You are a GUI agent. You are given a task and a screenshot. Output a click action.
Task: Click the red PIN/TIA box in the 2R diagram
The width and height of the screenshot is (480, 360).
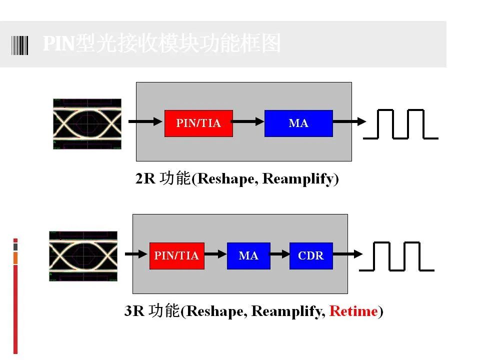click(x=198, y=123)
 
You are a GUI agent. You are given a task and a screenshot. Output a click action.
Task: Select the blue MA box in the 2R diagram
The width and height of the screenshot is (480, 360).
click(x=298, y=123)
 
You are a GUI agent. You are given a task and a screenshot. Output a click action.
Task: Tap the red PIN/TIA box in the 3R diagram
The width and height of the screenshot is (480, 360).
click(x=177, y=256)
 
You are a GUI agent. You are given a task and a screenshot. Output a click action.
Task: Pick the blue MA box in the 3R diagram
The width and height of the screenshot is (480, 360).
click(x=248, y=256)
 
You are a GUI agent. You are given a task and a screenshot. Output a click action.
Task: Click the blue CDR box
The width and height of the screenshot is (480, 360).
click(x=311, y=256)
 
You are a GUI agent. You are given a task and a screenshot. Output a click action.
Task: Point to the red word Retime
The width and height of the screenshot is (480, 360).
click(x=353, y=311)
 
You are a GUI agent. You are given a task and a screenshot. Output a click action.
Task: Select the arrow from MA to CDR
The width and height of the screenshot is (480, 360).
click(x=280, y=254)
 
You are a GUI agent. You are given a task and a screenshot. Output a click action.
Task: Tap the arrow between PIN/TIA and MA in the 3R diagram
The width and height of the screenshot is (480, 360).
click(x=215, y=254)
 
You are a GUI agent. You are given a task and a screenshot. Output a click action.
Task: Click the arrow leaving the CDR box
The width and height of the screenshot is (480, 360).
click(x=348, y=254)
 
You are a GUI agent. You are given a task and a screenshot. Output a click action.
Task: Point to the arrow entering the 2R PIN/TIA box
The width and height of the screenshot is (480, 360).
click(x=145, y=121)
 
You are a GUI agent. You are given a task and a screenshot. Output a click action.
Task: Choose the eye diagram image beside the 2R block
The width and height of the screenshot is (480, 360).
click(x=87, y=124)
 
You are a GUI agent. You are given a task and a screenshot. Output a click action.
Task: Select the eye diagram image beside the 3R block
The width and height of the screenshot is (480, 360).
click(x=83, y=256)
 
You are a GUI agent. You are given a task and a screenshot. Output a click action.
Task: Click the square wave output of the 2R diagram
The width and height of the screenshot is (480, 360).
click(x=400, y=124)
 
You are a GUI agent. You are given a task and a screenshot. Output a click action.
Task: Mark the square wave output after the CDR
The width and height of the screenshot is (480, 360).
click(x=396, y=256)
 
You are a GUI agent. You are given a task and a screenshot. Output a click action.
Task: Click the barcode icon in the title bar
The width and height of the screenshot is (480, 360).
click(x=19, y=45)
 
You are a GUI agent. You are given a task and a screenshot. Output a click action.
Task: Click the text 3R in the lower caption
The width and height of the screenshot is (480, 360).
click(x=134, y=311)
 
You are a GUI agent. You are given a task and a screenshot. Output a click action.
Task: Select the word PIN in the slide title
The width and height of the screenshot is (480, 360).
click(x=59, y=43)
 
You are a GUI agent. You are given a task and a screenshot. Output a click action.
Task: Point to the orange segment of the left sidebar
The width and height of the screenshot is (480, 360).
click(x=15, y=258)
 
